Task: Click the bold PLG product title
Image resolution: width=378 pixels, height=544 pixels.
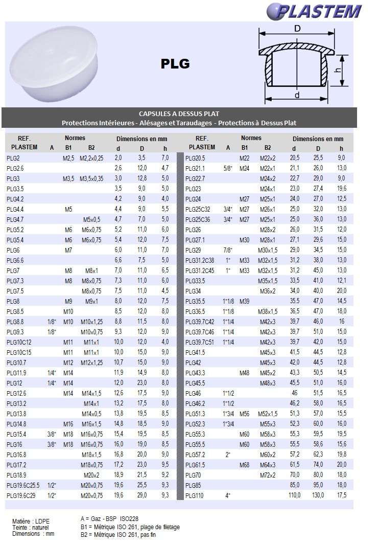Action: coord(175,64)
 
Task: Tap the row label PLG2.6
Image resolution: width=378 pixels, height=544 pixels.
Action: coord(15,168)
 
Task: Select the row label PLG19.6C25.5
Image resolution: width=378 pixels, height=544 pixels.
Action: coord(23,485)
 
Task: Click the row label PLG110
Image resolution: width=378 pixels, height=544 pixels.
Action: coord(194,495)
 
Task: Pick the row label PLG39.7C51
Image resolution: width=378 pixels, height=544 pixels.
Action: coord(200,342)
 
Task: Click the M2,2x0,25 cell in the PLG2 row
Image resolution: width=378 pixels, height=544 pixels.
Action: coord(91,158)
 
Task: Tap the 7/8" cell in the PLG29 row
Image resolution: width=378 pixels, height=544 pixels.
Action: coord(227,250)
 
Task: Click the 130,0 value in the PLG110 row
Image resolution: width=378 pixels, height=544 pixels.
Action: coord(318,495)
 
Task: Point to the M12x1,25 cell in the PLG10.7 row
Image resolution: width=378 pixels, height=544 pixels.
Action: coord(91,362)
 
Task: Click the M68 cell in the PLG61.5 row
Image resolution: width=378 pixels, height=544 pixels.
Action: coord(245,465)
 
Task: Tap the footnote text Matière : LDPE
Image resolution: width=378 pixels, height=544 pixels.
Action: coord(31,521)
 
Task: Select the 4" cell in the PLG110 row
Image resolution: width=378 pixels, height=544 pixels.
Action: coord(227,495)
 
